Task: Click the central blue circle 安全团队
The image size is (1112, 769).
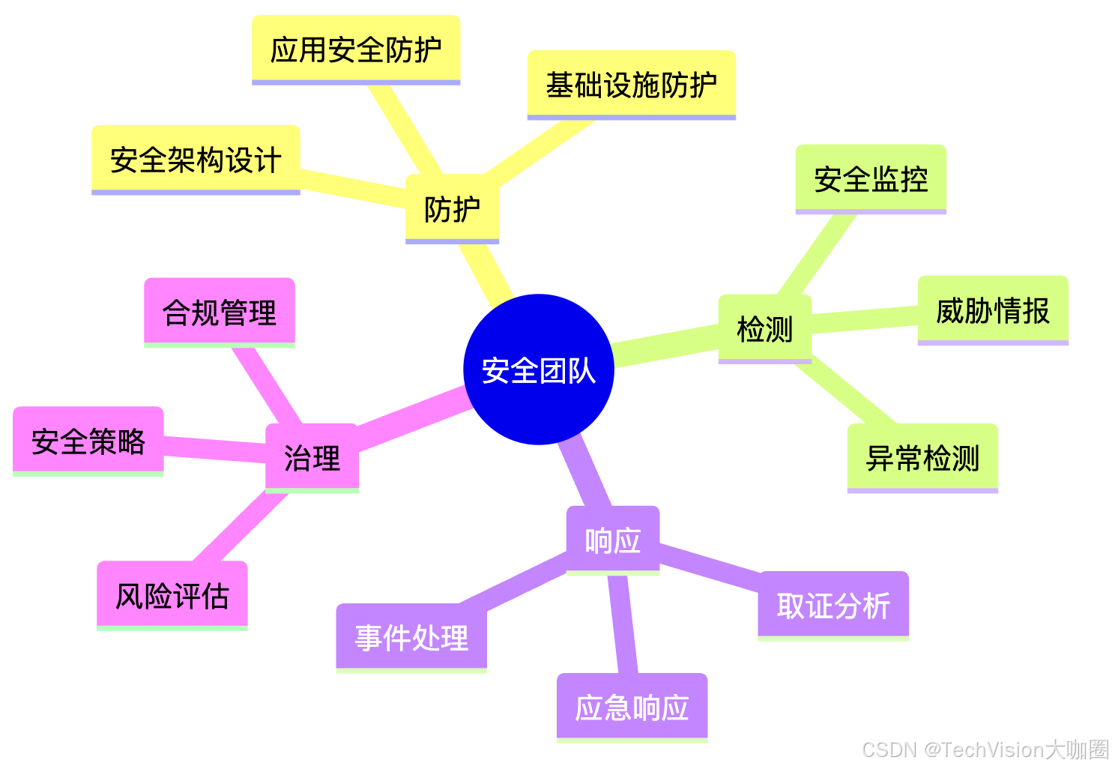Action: click(539, 370)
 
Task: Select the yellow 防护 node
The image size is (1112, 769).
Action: click(452, 209)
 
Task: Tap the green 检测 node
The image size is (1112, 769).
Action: click(764, 329)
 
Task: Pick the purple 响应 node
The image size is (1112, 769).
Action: click(612, 540)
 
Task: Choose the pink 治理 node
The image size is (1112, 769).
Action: click(312, 458)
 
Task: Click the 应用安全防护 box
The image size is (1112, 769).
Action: click(356, 49)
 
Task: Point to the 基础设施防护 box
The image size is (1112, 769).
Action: click(631, 85)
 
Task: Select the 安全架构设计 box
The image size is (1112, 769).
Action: click(196, 160)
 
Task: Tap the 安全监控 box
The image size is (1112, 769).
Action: click(871, 179)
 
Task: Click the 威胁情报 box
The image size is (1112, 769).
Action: click(993, 310)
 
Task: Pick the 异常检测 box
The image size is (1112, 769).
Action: click(922, 458)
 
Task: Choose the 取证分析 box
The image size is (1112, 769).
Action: click(833, 606)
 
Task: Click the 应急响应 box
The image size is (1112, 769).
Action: click(632, 708)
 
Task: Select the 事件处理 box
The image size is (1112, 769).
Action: click(411, 638)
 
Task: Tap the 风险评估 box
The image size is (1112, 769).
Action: click(172, 596)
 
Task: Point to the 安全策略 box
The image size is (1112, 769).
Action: click(88, 441)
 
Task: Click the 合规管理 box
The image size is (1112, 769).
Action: click(220, 313)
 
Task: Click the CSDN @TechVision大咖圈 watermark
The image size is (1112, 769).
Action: click(985, 750)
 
